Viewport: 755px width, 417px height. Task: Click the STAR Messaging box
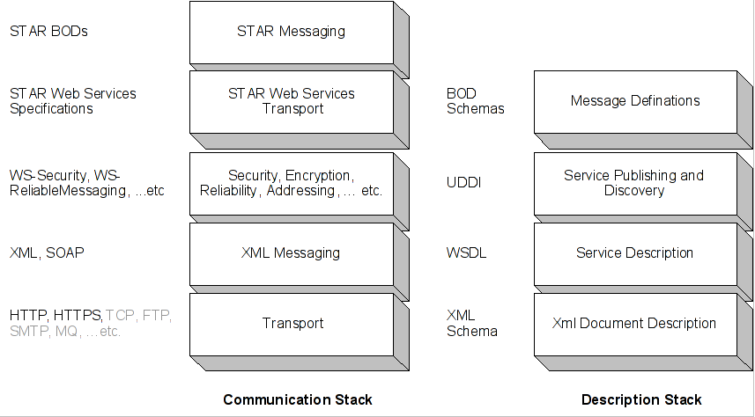coord(291,32)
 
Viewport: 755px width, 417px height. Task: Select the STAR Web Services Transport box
coord(291,101)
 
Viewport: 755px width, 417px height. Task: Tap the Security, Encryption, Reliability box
coord(291,183)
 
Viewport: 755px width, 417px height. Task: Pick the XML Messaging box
coord(291,253)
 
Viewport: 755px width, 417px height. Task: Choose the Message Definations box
coord(634,101)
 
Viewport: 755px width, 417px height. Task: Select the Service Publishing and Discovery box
coord(634,183)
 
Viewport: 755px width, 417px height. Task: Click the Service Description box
coord(634,253)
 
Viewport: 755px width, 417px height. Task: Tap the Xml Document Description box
coord(634,324)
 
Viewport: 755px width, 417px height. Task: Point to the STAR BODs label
coord(48,32)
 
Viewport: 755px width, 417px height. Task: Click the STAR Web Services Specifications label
coord(72,101)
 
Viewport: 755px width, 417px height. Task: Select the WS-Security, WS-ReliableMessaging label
coord(86,183)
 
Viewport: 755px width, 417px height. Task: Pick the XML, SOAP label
coord(47,253)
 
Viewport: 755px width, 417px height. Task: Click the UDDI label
coord(464,183)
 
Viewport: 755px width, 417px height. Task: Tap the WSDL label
coord(466,253)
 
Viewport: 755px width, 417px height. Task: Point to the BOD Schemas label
coord(475,101)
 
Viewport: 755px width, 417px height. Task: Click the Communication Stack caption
coord(298,400)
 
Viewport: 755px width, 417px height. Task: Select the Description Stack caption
coord(641,400)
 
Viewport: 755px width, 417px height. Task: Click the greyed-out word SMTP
coord(28,332)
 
